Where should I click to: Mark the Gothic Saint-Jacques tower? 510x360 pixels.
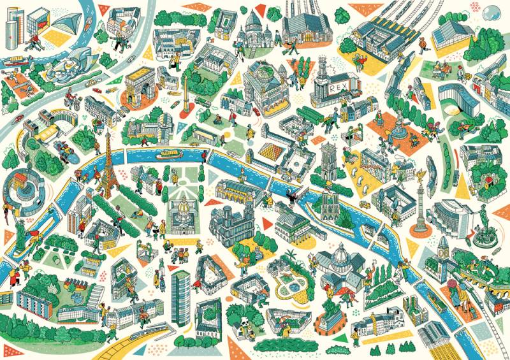328,157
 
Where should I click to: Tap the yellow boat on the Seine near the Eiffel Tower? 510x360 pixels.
169,153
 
